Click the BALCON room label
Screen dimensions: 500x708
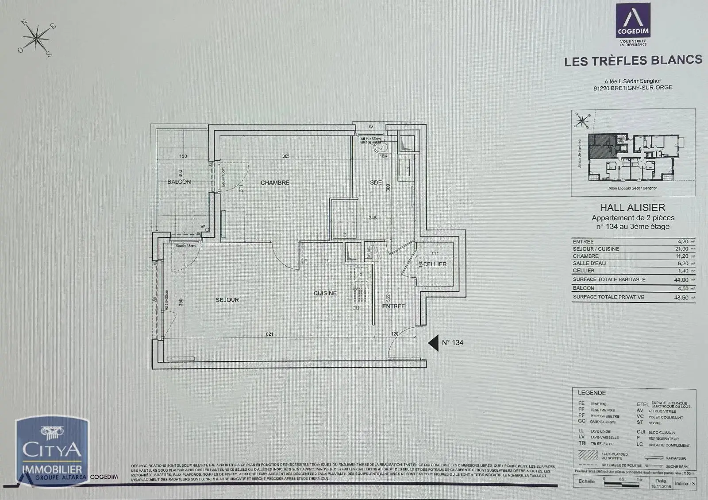[179, 182]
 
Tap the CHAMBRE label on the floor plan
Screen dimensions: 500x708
[275, 182]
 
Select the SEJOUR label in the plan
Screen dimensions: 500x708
[227, 300]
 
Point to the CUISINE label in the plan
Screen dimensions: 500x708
[325, 293]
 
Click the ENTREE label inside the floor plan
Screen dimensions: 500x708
[393, 306]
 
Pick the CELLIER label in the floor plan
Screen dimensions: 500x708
[435, 264]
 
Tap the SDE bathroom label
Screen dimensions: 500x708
[376, 182]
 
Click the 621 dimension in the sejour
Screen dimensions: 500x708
[269, 334]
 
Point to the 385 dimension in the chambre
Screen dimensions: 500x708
[286, 156]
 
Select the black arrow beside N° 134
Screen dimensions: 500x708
[434, 342]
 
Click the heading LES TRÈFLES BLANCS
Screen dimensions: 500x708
[633, 61]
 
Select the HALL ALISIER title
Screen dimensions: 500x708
[632, 207]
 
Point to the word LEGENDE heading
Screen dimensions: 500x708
[592, 393]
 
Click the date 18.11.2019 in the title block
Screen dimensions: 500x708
[661, 486]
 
